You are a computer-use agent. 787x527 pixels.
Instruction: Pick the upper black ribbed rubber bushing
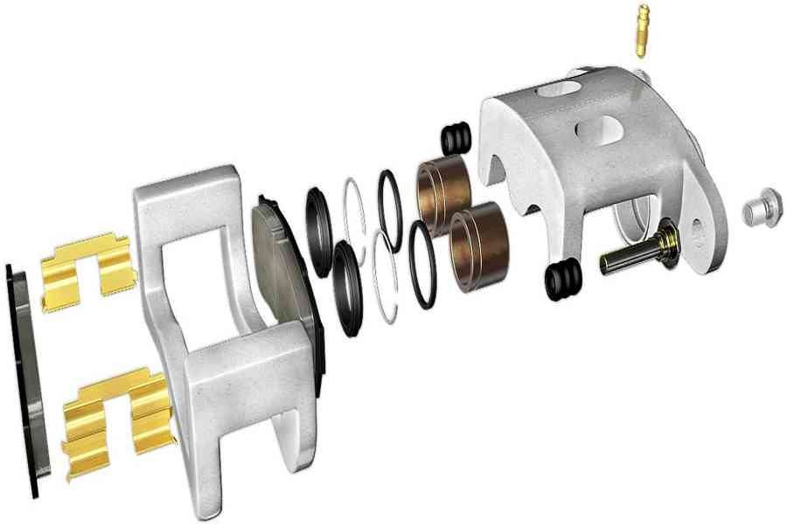[456, 138]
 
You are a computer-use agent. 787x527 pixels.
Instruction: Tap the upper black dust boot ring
[319, 218]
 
